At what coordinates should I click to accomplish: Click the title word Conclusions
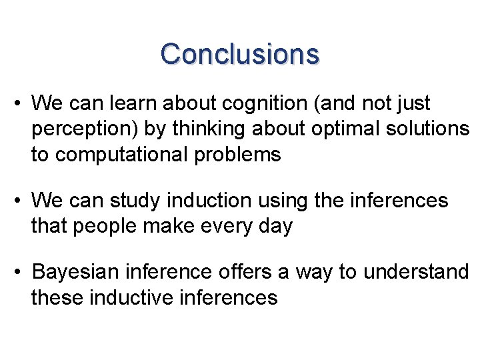pyautogui.click(x=240, y=53)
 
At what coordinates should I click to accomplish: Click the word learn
pyautogui.click(x=132, y=103)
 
